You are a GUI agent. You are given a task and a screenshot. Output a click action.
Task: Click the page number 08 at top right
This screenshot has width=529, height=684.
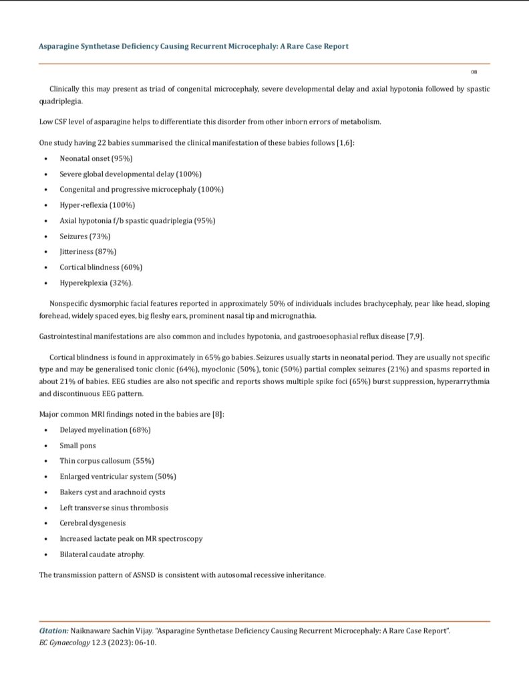pos(474,72)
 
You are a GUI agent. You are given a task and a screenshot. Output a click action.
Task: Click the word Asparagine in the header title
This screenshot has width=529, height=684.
pos(59,46)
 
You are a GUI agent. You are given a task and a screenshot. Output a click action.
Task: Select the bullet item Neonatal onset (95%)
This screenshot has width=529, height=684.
pos(96,158)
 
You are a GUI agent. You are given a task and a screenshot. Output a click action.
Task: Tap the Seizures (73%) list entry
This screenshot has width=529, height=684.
pos(85,236)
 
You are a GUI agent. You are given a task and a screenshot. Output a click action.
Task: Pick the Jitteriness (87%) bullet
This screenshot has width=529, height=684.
pos(87,251)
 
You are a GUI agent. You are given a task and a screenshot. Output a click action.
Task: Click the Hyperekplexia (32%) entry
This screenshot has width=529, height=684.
pos(96,283)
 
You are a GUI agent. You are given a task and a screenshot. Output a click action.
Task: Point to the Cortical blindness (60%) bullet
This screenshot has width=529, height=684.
pos(101,267)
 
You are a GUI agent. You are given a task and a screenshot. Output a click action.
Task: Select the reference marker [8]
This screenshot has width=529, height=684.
pos(217,414)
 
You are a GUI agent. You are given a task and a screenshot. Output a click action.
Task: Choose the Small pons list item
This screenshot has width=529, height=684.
pos(77,446)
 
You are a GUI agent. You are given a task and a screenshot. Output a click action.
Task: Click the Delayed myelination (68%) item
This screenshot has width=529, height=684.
pos(105,430)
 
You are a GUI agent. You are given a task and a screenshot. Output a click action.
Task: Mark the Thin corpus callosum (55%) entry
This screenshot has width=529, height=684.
pos(107,461)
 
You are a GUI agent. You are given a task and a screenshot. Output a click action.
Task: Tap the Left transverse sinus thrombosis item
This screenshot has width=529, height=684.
pos(114,508)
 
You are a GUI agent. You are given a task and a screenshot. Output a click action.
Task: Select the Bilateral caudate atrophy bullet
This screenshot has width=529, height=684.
pos(102,554)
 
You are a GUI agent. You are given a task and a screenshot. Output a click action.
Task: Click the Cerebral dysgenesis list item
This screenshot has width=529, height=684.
pos(92,523)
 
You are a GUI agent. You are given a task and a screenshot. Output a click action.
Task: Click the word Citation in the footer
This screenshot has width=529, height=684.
pos(53,631)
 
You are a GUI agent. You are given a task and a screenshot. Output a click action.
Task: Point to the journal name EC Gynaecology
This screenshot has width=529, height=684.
pos(65,643)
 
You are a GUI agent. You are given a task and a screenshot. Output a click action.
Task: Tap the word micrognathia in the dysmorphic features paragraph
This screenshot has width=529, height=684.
pos(293,316)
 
